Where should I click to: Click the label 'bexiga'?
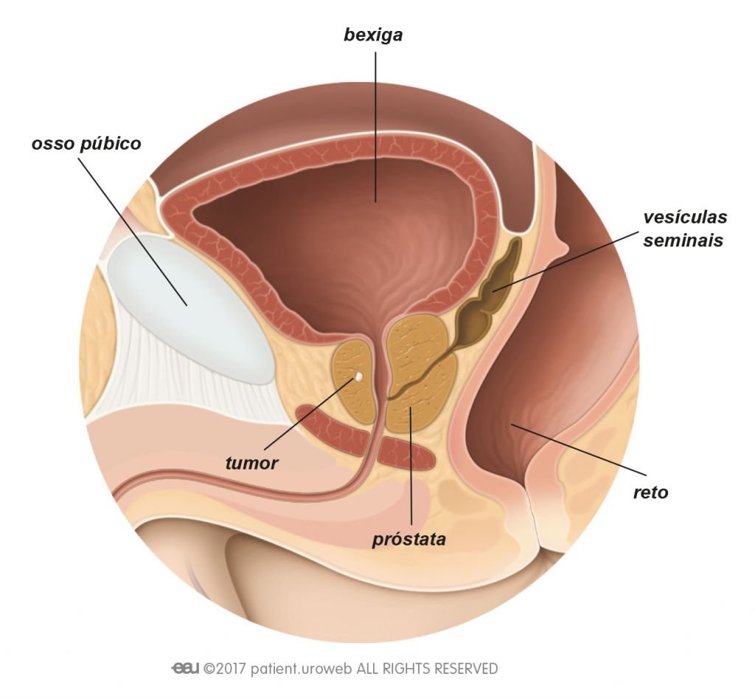[x=374, y=35]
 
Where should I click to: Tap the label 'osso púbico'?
[x=86, y=143]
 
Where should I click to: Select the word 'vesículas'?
[x=685, y=218]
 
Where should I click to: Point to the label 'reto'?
[x=651, y=492]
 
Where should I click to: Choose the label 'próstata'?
[x=409, y=539]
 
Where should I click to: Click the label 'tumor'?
[x=252, y=464]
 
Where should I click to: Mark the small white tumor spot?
[x=359, y=376]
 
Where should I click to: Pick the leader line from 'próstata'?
[x=411, y=472]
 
